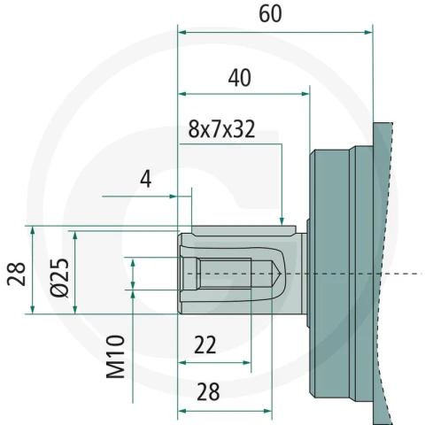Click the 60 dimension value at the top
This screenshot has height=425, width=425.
(270, 14)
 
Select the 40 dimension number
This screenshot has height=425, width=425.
(240, 78)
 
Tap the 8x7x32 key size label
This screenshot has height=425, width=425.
(221, 129)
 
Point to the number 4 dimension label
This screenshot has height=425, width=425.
(145, 179)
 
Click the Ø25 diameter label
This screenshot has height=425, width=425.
(60, 277)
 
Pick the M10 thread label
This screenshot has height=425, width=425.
(115, 357)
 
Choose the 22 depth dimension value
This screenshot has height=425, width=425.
(205, 344)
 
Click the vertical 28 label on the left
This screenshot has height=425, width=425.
(16, 274)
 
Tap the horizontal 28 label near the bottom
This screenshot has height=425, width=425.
(208, 392)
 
